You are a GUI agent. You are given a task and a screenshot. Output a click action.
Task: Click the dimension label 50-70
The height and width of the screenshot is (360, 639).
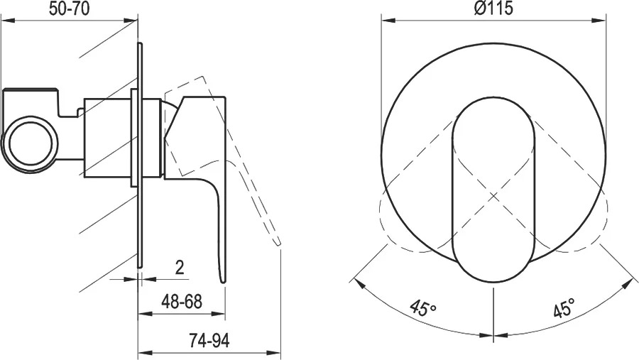(69, 8)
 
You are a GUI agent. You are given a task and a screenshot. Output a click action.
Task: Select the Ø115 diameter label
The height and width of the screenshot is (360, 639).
(493, 8)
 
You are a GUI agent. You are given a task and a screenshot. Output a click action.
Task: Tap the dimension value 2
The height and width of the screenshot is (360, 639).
(180, 268)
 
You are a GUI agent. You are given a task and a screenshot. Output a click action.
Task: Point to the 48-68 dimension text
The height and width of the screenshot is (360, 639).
(182, 302)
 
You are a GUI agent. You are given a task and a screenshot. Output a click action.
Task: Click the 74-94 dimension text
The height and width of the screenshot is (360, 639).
(209, 340)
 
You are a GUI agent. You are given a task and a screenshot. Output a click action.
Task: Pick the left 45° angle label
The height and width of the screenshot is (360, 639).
(423, 308)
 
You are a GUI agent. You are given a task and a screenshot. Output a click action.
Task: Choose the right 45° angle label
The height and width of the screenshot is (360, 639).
(564, 308)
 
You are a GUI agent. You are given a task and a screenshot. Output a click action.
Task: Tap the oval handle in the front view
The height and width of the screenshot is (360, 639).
(493, 190)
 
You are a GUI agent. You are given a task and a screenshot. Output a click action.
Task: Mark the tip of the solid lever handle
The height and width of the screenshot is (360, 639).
(222, 281)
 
